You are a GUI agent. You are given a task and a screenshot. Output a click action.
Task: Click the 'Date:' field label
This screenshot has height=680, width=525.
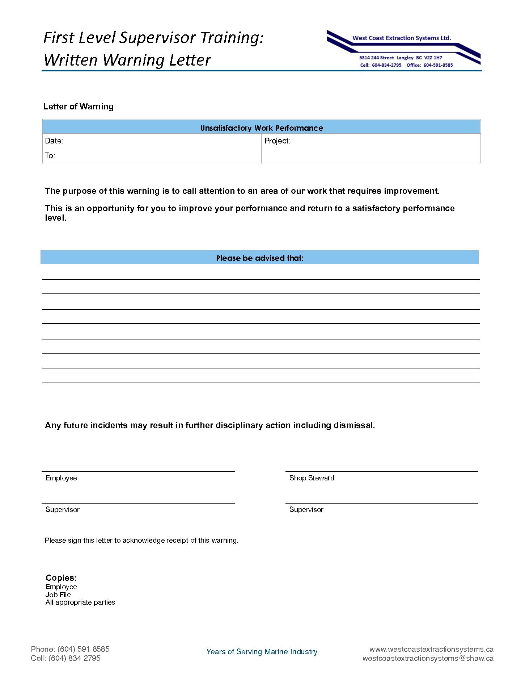(54, 141)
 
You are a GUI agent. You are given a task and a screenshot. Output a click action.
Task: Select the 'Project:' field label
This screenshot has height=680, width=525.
(278, 141)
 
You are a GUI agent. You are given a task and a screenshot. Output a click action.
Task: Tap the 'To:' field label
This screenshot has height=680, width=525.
(50, 156)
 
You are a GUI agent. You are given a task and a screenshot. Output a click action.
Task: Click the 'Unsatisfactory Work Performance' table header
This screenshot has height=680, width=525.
(261, 128)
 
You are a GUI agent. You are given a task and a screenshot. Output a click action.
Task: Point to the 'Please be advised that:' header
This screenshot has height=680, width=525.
(259, 258)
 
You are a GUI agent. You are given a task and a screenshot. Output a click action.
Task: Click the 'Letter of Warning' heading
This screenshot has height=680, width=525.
(78, 107)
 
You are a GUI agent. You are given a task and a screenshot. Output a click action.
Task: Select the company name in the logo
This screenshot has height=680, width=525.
(402, 38)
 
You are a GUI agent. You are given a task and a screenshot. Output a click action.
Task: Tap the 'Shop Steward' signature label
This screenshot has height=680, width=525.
(312, 478)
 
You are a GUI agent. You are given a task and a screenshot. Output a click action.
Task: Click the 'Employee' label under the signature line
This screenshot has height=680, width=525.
(61, 478)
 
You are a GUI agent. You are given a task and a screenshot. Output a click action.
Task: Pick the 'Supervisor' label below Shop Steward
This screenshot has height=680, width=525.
(306, 509)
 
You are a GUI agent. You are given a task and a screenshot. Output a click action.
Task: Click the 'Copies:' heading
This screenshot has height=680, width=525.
(61, 578)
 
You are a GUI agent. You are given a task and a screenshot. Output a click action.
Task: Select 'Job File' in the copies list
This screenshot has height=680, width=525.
(58, 595)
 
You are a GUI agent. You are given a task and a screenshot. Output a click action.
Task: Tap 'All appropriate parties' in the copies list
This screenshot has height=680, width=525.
(80, 602)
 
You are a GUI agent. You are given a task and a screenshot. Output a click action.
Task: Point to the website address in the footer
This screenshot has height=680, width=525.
(431, 649)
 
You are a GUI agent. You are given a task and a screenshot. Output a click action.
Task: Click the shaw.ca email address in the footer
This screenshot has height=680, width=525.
(428, 658)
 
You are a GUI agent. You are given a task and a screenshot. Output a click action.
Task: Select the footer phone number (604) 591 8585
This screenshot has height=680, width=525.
(83, 649)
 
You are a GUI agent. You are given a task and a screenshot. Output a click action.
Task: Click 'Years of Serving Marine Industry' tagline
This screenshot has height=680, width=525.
(262, 652)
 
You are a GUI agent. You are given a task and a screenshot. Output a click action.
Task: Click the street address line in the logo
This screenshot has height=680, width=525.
(401, 58)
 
